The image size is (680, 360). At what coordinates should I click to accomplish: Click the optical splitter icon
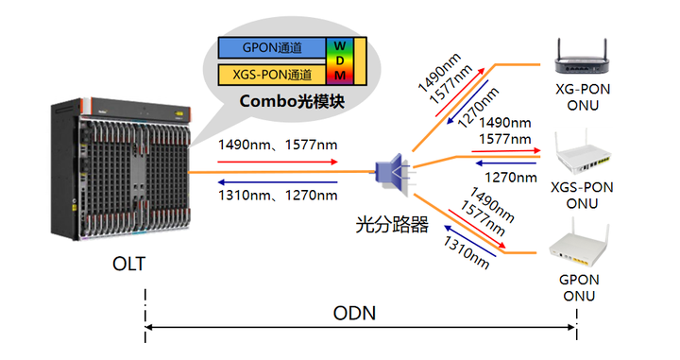pos(390,175)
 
